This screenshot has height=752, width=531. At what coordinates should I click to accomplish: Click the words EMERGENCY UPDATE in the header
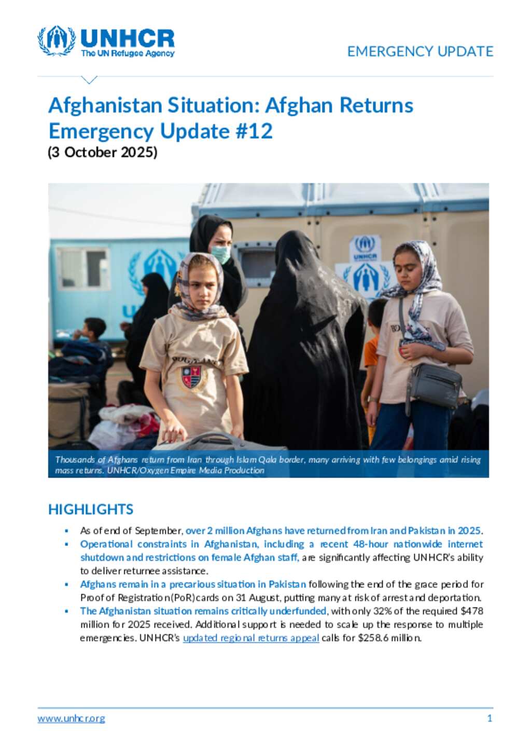pyautogui.click(x=420, y=51)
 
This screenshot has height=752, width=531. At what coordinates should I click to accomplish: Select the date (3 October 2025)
pyautogui.click(x=103, y=153)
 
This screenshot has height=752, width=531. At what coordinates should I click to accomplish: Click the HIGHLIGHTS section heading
pyautogui.click(x=91, y=509)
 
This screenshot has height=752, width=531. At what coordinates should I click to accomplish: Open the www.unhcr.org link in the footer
pyautogui.click(x=71, y=718)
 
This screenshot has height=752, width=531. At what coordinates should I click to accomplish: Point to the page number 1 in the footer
pyautogui.click(x=490, y=718)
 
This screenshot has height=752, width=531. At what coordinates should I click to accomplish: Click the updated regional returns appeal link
pyautogui.click(x=251, y=638)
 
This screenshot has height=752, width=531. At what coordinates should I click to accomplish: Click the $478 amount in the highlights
pyautogui.click(x=472, y=611)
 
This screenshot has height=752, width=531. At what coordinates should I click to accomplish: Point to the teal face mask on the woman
pyautogui.click(x=221, y=254)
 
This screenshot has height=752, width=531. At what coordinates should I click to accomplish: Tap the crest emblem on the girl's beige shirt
pyautogui.click(x=191, y=377)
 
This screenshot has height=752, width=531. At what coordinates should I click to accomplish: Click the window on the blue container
pyautogui.click(x=83, y=268)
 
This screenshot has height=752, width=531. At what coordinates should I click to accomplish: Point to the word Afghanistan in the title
pyautogui.click(x=105, y=105)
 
